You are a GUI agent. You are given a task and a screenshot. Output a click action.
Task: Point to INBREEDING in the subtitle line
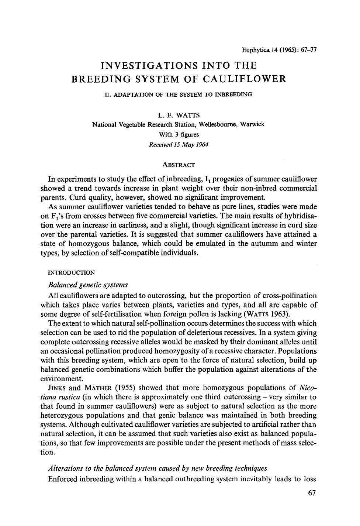click(x=235, y=94)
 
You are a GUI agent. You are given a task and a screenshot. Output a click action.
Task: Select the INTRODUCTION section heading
click(x=72, y=273)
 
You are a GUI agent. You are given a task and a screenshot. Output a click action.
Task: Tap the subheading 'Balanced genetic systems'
click(x=88, y=285)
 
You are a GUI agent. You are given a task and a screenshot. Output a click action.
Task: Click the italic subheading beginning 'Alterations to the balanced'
click(x=157, y=468)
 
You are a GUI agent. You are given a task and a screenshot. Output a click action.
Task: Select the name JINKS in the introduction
click(x=57, y=388)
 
